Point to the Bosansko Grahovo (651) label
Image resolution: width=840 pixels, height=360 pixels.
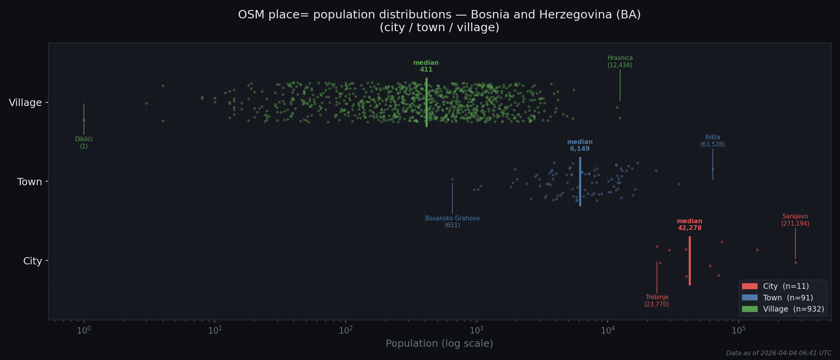coord(452,222)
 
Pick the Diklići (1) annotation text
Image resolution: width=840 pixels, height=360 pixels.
coord(84,143)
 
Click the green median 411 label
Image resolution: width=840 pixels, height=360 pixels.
coord(426,66)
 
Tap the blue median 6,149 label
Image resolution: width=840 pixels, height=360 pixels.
coord(580,145)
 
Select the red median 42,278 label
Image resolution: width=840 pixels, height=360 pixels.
coord(689,224)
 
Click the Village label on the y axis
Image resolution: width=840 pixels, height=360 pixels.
coord(25,103)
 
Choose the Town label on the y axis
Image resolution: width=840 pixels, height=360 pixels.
coord(30,182)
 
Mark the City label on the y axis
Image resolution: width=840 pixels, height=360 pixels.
coord(32,261)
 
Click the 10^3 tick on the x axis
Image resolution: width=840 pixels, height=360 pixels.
coord(476,330)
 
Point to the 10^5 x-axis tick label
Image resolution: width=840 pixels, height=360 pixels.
coord(738,330)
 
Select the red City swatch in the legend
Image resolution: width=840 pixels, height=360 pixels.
coord(750,286)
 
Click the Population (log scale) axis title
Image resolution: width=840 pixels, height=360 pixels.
coord(439,344)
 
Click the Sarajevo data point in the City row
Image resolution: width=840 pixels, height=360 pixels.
coord(796,263)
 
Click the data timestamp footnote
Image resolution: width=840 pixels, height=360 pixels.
coord(778,353)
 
